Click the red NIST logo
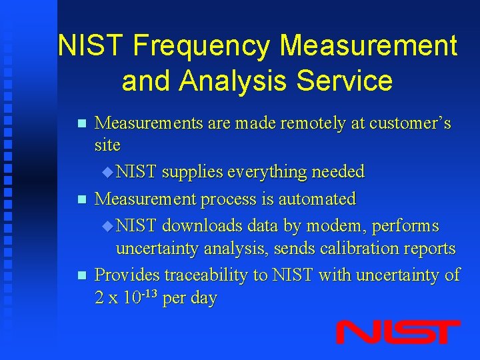click(x=397, y=331)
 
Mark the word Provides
click(x=127, y=275)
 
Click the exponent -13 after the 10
click(x=147, y=292)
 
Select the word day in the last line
click(x=203, y=298)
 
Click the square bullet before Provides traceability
click(x=81, y=275)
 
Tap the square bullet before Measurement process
click(x=81, y=199)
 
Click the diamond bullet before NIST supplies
click(x=109, y=172)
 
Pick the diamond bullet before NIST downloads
click(x=109, y=226)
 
